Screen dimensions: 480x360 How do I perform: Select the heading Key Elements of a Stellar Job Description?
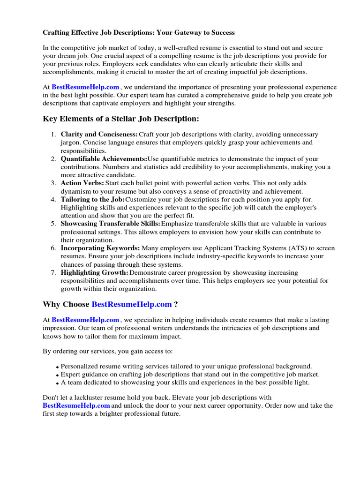click(121, 118)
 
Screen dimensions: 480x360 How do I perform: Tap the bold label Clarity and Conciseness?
click(99, 135)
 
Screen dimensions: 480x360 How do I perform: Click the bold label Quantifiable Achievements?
click(104, 159)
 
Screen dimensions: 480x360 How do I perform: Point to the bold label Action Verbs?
click(82, 183)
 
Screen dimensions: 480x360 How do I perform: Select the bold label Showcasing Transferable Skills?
click(111, 224)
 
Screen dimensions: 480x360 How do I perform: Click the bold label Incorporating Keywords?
click(100, 248)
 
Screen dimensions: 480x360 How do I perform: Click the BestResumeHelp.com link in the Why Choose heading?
click(132, 305)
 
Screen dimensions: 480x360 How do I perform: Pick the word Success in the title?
click(222, 33)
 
